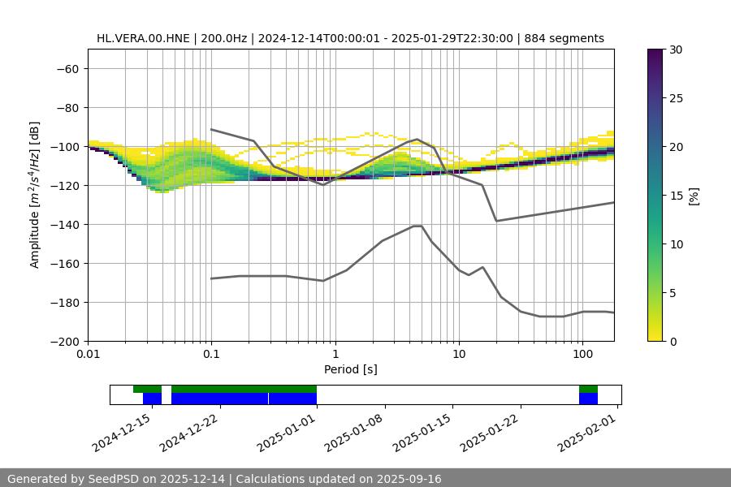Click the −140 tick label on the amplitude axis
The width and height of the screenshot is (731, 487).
pyautogui.click(x=66, y=225)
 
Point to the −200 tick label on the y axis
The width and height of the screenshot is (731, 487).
pyautogui.click(x=66, y=342)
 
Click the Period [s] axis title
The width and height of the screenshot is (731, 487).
pyautogui.click(x=350, y=370)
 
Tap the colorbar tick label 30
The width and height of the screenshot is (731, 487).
pyautogui.click(x=676, y=50)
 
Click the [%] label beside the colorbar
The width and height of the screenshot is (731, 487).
pyautogui.click(x=694, y=196)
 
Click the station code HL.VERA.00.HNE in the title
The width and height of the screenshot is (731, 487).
pyautogui.click(x=143, y=38)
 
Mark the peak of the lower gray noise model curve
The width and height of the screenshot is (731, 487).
pyautogui.click(x=417, y=226)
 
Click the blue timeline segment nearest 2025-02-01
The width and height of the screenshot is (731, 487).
pyautogui.click(x=588, y=399)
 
